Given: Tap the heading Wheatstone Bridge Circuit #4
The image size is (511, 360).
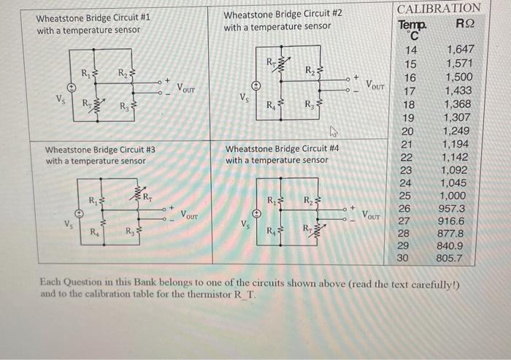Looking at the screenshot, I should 283,148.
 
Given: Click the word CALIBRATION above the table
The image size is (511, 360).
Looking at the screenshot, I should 439,8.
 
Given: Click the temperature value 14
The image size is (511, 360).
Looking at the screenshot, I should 410,50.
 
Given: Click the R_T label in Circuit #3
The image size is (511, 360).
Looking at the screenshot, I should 145,195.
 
